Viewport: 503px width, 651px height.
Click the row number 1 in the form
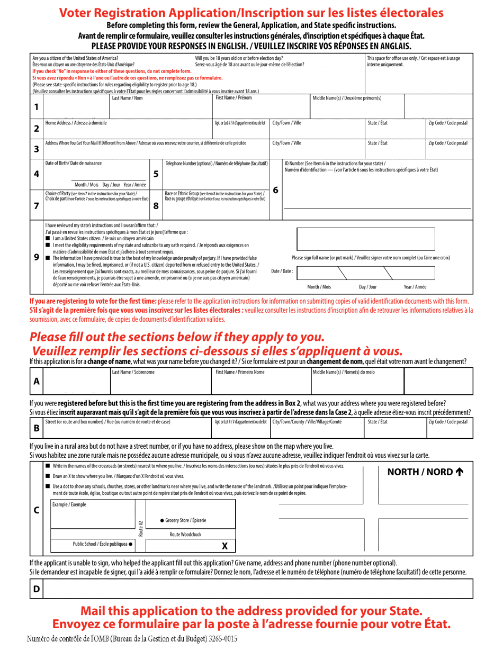36,107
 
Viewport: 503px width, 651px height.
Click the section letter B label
36,428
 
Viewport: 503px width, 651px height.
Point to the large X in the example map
224,546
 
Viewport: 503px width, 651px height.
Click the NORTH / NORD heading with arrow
425,472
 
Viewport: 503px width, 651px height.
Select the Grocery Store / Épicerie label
183,520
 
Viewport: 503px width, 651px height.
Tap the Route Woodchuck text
185,535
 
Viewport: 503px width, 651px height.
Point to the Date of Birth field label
74,163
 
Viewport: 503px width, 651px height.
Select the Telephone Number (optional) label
217,163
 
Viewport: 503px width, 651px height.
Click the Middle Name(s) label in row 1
347,98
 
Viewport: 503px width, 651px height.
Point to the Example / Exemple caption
69,504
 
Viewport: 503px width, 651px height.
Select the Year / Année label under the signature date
415,287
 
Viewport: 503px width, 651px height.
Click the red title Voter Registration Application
251,13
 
